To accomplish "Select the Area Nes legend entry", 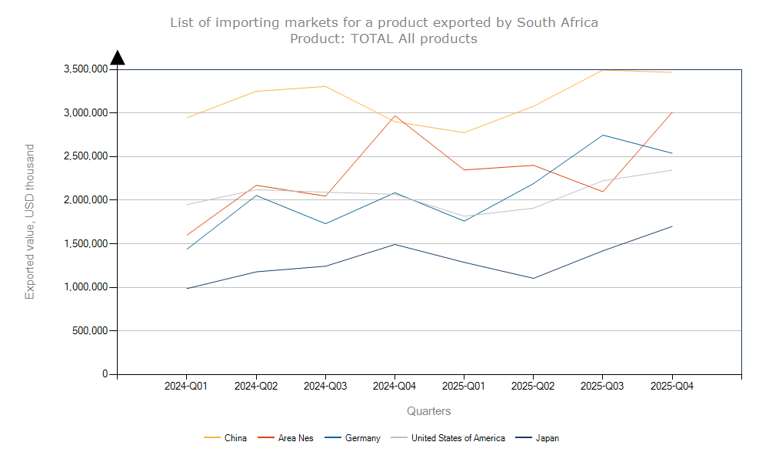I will point(295,438).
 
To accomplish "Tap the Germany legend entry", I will point(362,438).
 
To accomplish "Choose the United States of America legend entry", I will point(458,438).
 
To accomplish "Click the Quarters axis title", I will point(429,411).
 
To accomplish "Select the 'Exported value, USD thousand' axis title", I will point(30,222).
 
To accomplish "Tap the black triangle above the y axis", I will point(118,58).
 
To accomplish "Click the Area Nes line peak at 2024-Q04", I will point(394,116).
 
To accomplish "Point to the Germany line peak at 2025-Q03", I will point(603,136).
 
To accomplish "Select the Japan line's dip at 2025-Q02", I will point(533,278).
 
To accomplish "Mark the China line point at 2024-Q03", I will point(325,86).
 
